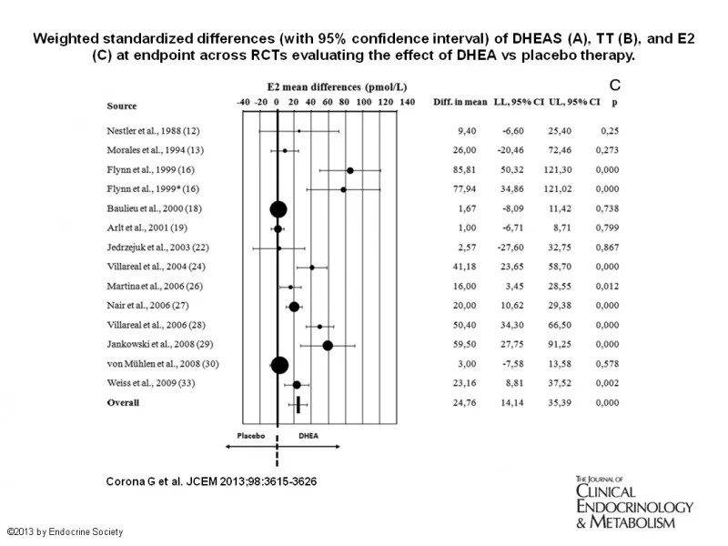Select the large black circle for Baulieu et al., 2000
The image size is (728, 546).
pos(278,208)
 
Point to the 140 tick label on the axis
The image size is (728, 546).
pos(407,102)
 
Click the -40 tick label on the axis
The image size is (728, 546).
pos(242,102)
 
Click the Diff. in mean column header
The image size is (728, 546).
pos(459,102)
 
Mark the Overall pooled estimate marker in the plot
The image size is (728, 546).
pos(298,403)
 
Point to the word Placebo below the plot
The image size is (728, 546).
pos(250,435)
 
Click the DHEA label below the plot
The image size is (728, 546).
pos(309,435)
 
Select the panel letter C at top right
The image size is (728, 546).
pos(614,84)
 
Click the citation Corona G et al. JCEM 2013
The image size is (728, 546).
pos(206,479)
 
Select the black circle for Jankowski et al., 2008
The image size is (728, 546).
pos(328,345)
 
